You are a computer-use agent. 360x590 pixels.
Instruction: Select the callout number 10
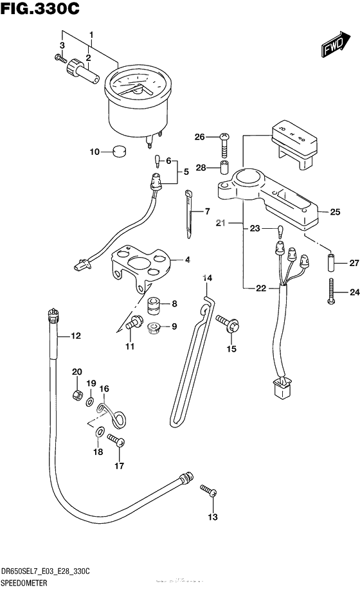(x=94, y=152)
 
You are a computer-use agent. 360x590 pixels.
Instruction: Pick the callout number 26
(x=199, y=136)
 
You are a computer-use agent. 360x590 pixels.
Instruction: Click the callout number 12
(x=76, y=335)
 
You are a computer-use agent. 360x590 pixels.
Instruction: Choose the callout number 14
(x=207, y=278)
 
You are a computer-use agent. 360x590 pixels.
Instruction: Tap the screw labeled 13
(x=208, y=491)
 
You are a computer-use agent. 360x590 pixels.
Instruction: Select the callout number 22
(x=260, y=288)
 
